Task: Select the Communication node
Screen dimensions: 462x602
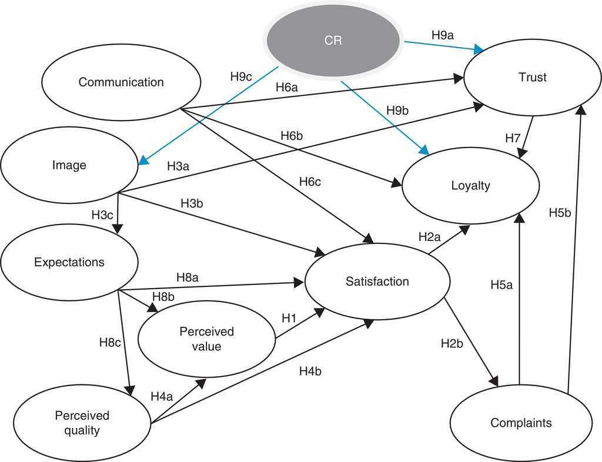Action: (121, 82)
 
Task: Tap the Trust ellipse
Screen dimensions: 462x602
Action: (533, 78)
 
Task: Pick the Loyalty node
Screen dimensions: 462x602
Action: (470, 186)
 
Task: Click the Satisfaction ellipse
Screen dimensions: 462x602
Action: (377, 282)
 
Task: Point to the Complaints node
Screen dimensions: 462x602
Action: (521, 423)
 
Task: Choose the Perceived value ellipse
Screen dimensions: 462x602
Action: (206, 339)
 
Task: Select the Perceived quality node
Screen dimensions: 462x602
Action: (82, 423)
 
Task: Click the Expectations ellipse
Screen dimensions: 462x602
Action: (69, 262)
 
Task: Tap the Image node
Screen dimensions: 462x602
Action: (69, 166)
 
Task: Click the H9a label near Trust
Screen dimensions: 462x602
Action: (443, 36)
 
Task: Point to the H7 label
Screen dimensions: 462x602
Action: (513, 138)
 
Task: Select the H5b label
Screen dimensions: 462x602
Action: (560, 212)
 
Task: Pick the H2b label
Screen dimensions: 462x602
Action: (452, 343)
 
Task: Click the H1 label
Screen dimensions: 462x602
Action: (289, 318)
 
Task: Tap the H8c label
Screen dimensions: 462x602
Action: (110, 342)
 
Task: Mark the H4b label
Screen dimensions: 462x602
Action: (310, 371)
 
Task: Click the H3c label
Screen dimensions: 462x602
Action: (102, 215)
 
